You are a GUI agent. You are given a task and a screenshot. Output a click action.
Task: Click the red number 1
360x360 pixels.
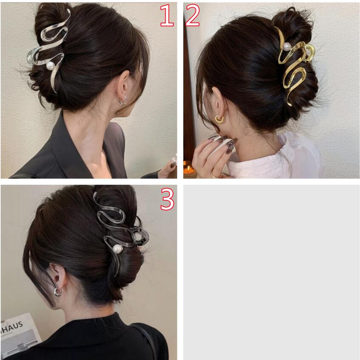click(167, 15)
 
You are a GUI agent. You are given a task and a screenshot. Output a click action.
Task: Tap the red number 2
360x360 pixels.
click(193, 15)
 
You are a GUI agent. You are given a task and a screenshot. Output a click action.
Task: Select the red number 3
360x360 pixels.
click(167, 199)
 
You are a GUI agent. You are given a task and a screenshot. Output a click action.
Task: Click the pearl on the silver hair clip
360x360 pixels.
click(50, 66)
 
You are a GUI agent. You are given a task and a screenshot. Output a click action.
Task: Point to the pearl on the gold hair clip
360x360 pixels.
click(287, 47)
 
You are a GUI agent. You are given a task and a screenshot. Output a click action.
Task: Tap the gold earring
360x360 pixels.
click(220, 119)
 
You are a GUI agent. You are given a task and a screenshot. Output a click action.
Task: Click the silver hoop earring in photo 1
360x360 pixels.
click(123, 100)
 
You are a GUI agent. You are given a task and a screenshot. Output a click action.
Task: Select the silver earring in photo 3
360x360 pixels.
click(59, 292)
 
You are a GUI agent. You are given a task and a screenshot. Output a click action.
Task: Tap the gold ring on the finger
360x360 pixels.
click(215, 175)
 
